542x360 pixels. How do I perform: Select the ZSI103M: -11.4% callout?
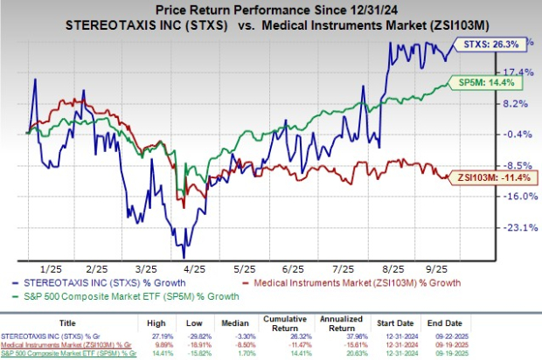496,177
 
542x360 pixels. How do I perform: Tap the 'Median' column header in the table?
276,322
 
